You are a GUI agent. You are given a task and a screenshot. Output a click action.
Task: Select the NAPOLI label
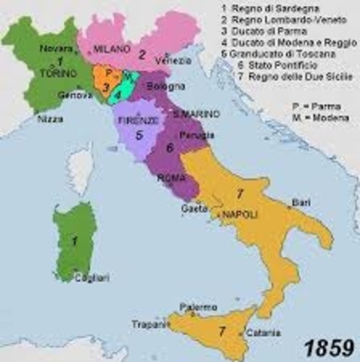coord(240,215)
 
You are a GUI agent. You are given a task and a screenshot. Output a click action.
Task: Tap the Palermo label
coord(198,307)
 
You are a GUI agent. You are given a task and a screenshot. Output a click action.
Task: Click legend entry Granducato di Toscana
coord(272,55)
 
